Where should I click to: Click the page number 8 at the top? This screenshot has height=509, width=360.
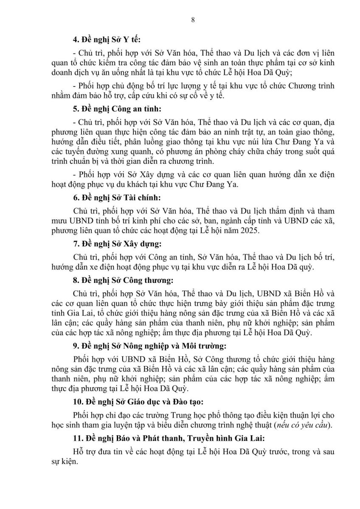pyautogui.click(x=180, y=20)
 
